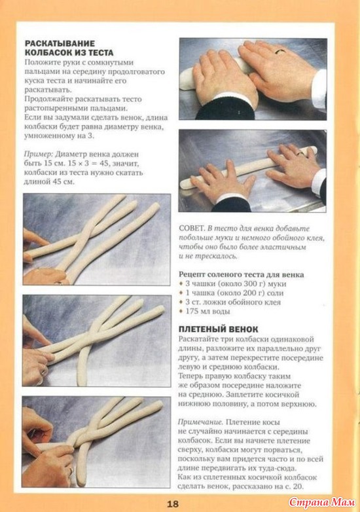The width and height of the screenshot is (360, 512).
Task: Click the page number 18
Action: coord(173,503)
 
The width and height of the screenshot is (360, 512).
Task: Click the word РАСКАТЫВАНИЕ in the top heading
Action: coord(60,43)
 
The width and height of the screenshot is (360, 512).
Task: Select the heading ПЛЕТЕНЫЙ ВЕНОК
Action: coord(219,329)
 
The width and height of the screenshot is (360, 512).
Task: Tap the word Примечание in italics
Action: coord(200,422)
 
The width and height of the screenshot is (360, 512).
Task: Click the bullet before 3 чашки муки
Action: coord(181,283)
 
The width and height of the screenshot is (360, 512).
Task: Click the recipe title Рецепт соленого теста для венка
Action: coord(241,274)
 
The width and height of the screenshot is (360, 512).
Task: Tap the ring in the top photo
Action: coord(280,51)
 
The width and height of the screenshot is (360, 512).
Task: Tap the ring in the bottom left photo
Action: coord(70,471)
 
